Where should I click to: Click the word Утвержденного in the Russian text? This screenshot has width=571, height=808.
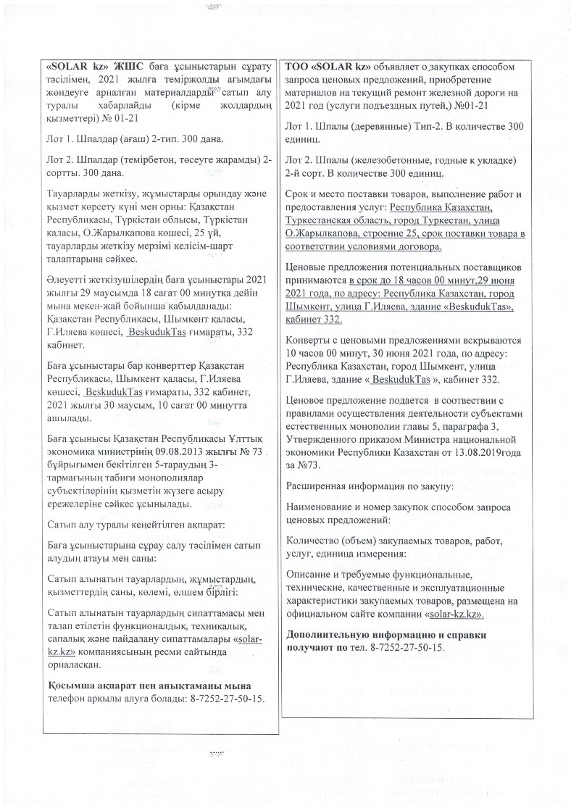tap(322, 438)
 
